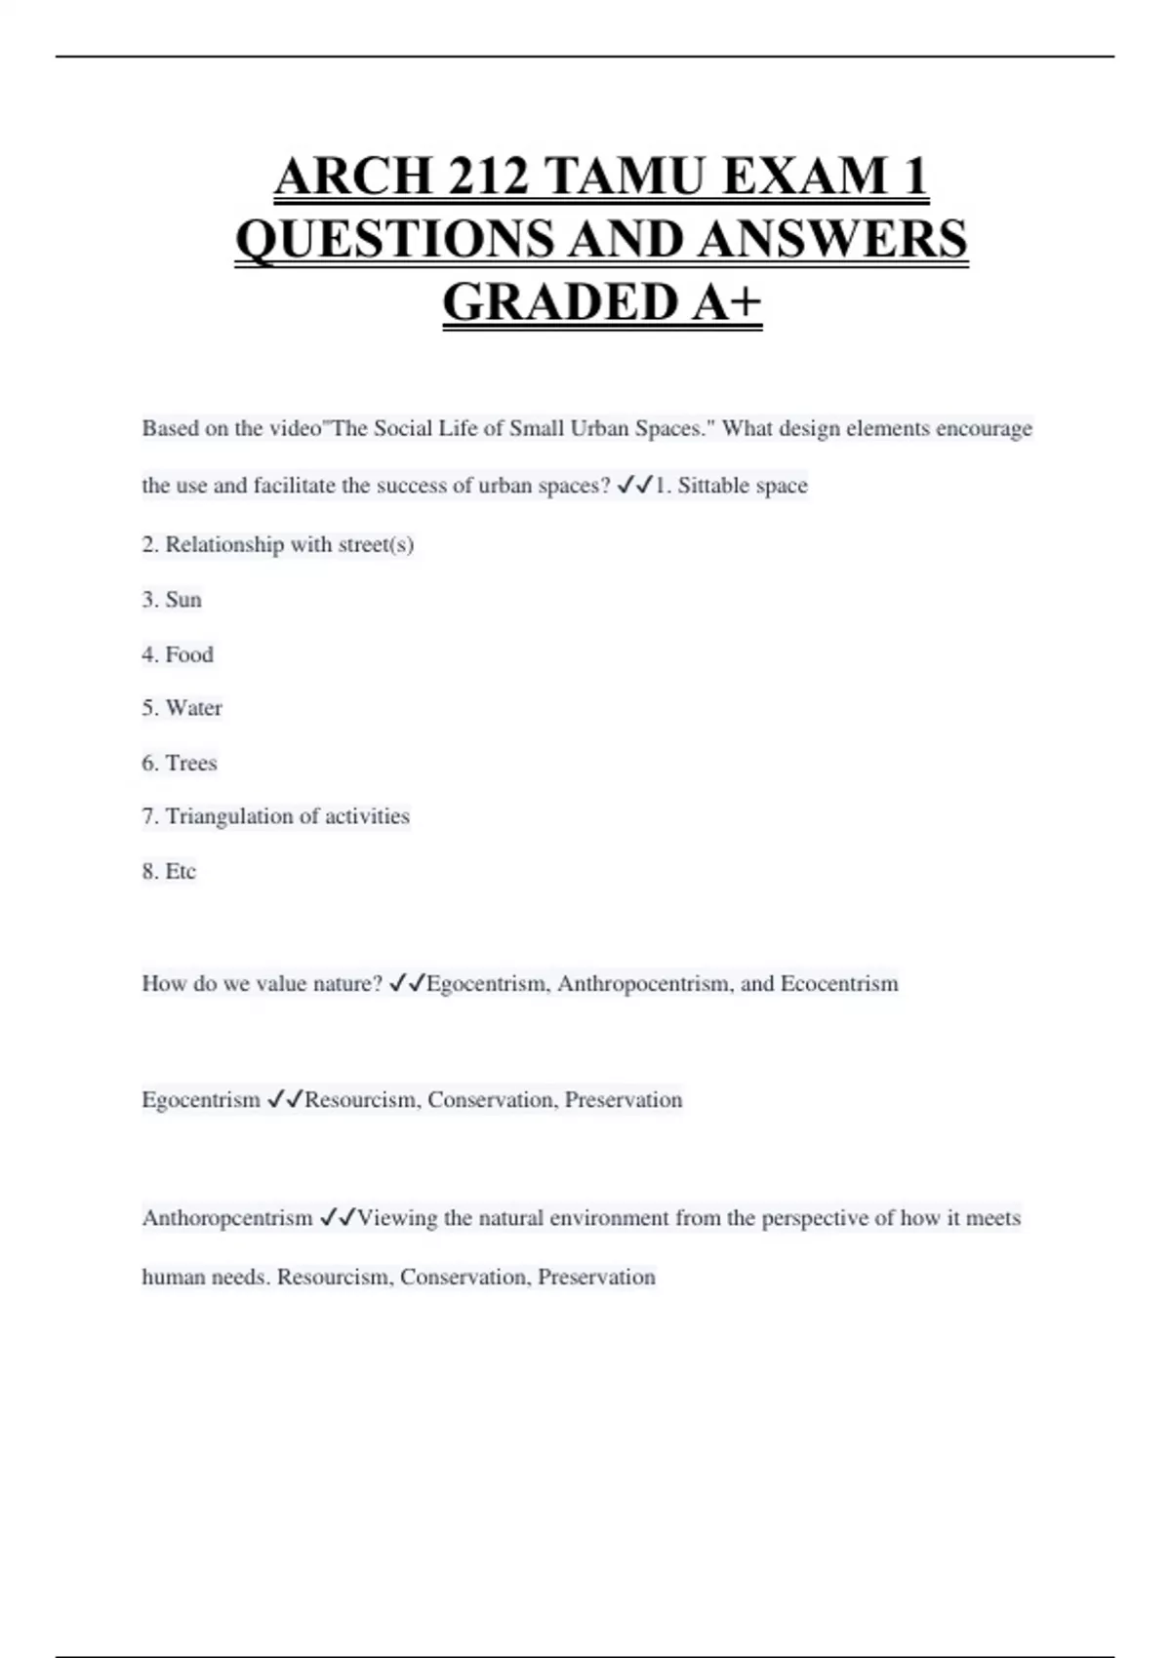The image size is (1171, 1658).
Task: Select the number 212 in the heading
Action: [488, 177]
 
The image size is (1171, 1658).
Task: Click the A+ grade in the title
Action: [727, 301]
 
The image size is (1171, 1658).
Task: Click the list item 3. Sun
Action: [172, 600]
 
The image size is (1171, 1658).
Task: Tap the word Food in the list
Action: [189, 654]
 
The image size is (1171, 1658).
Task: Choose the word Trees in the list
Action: [191, 763]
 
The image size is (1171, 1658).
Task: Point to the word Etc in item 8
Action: [181, 871]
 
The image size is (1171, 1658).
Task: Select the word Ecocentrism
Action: [839, 983]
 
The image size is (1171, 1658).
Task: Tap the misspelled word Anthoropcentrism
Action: [227, 1218]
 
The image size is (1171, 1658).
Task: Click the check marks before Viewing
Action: [338, 1218]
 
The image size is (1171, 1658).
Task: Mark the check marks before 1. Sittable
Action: [635, 486]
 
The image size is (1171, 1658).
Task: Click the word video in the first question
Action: [294, 428]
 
